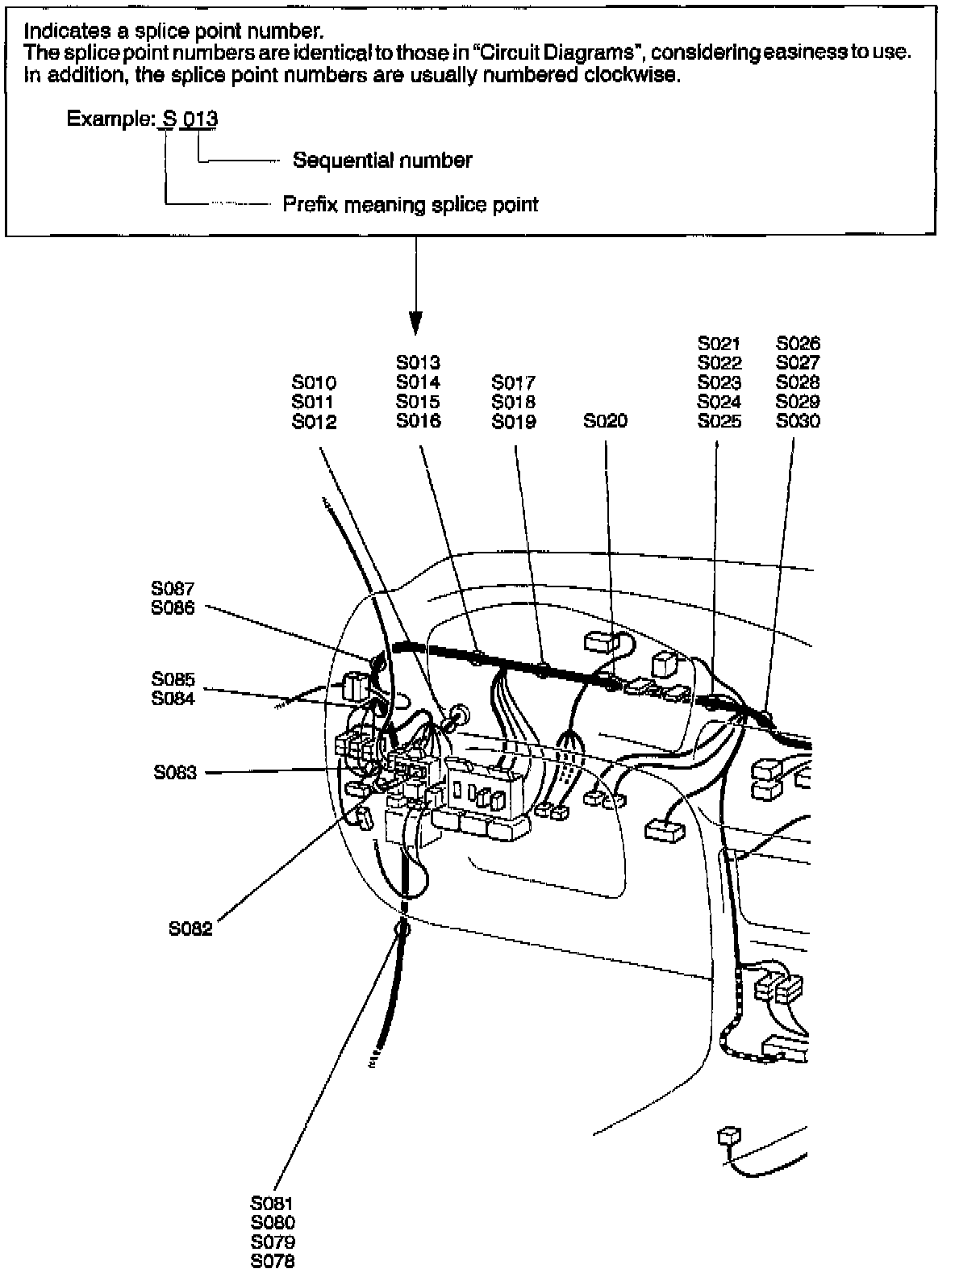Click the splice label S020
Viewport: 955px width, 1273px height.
coord(605,421)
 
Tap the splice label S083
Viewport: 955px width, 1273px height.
coord(175,773)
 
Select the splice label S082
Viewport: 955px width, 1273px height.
coord(190,929)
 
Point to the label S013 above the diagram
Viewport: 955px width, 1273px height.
coord(418,363)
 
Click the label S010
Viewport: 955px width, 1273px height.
coord(314,382)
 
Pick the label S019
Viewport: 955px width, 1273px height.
coord(514,421)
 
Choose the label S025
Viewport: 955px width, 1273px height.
coord(719,421)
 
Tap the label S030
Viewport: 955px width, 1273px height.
coord(798,421)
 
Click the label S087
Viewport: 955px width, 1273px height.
coord(173,590)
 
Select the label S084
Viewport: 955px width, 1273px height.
coord(173,699)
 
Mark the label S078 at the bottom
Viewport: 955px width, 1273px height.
coord(273,1262)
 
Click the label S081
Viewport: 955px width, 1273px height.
coord(273,1204)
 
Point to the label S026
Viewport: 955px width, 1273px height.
coord(798,344)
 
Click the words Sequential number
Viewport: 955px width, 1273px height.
coord(382,161)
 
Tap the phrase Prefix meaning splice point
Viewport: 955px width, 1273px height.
coord(410,204)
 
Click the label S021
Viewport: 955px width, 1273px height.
coord(719,344)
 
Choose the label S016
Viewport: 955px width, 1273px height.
coord(418,421)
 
